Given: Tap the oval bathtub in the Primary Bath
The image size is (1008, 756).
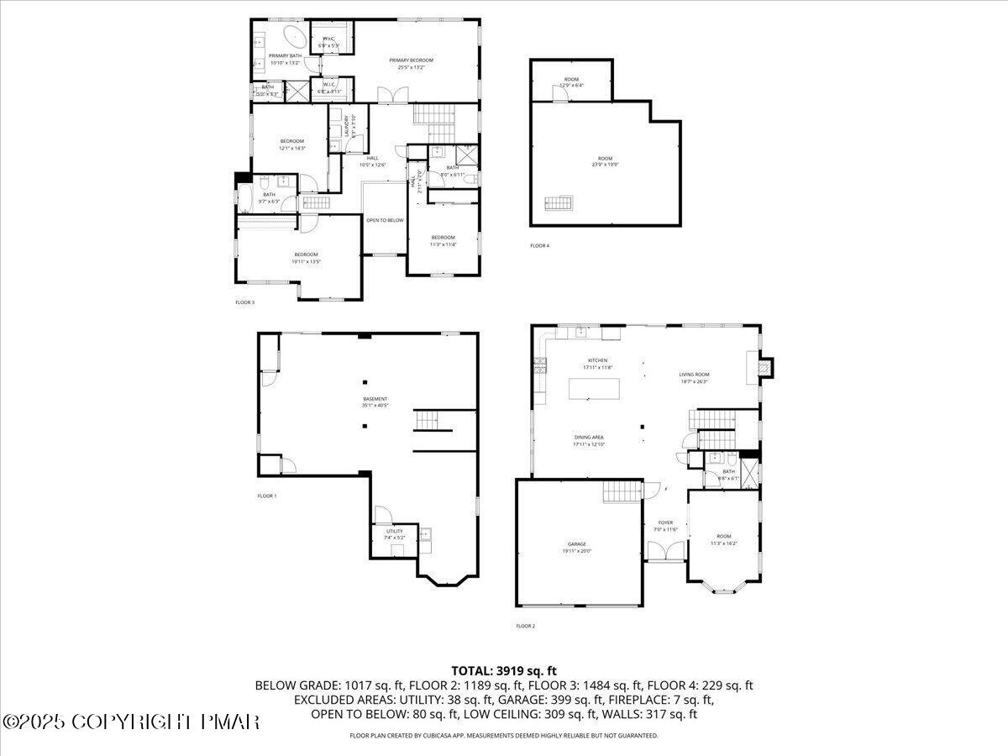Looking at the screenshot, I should click(294, 38).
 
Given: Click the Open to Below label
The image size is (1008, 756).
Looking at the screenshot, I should click(385, 220).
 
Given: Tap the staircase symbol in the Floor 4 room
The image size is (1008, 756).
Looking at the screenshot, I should click(559, 203).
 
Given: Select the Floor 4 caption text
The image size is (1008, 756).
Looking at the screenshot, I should click(539, 245).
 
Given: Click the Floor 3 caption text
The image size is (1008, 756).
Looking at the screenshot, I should click(244, 302).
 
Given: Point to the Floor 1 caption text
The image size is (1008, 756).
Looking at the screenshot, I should click(266, 496).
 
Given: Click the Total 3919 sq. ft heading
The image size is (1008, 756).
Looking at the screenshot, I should click(504, 670).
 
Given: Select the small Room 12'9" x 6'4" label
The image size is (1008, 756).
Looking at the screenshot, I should click(571, 82).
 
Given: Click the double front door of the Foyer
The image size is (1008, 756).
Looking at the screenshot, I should click(666, 552).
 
